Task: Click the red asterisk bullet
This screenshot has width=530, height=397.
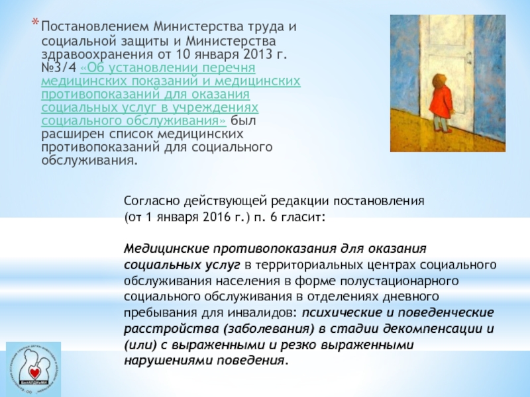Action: coord(35,22)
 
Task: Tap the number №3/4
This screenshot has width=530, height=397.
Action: coord(59,67)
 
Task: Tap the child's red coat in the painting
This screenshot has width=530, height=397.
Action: coord(441,101)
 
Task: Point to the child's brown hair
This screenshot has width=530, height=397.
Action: coord(441,79)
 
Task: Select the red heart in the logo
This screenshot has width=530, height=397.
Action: coord(34,373)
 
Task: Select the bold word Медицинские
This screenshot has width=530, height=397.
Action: coord(167,249)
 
